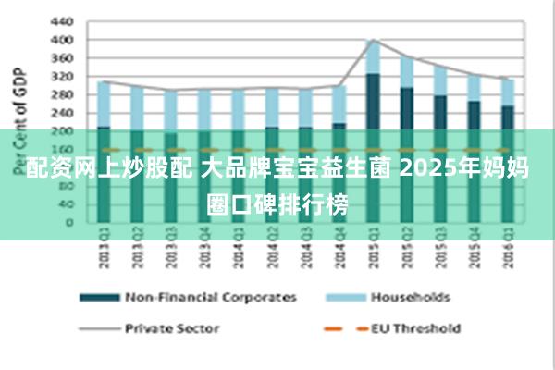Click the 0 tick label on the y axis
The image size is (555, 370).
coord(68,222)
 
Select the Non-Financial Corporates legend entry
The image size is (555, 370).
coord(210,298)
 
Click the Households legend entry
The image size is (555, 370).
coord(410,298)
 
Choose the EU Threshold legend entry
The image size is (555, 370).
coord(415,327)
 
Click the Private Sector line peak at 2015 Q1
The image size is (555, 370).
coord(373,40)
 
